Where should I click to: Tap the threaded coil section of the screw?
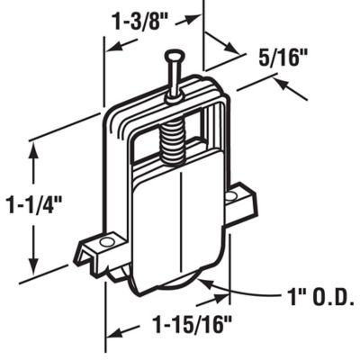175,135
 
